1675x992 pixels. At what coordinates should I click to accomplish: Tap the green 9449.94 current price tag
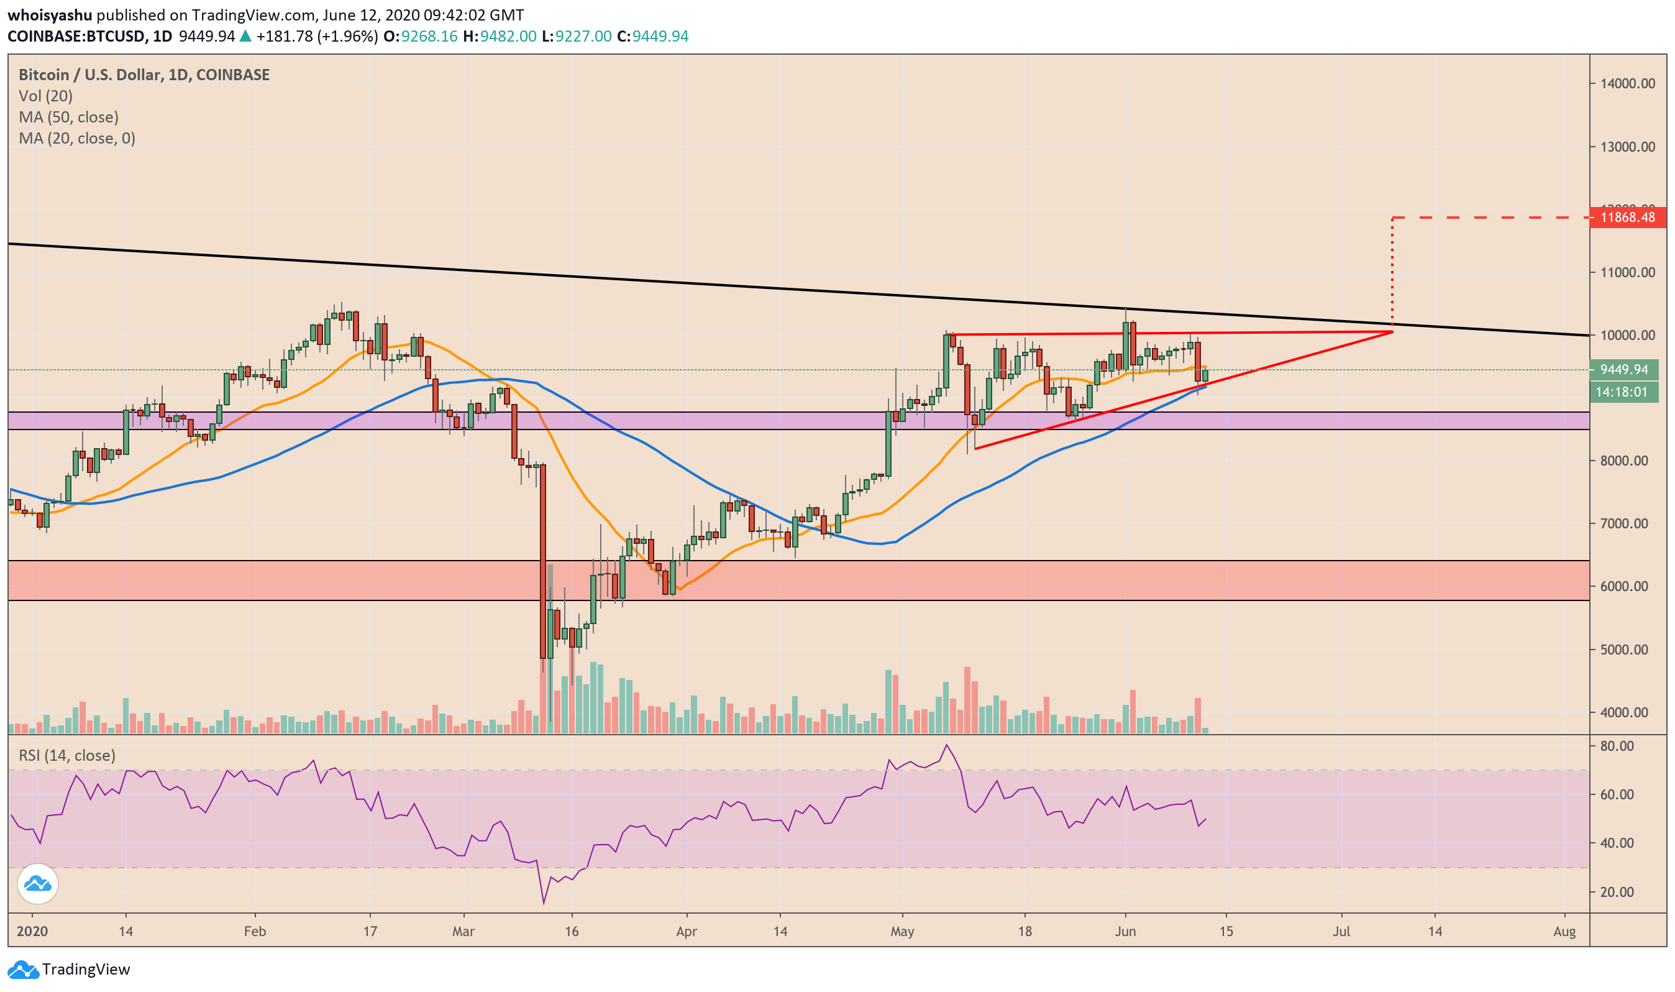[x=1623, y=370]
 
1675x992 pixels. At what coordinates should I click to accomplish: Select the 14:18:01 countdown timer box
[x=1621, y=392]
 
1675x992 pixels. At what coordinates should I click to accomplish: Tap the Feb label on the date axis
[x=255, y=932]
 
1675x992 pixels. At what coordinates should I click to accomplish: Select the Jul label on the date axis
[x=1341, y=932]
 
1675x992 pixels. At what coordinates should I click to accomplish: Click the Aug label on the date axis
[x=1564, y=932]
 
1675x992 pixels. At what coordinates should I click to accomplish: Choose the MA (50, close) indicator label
[x=69, y=117]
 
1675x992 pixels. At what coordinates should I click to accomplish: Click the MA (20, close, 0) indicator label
[x=77, y=139]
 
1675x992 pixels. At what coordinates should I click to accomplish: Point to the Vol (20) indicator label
[x=45, y=96]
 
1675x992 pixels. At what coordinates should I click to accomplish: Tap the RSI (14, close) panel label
[x=67, y=755]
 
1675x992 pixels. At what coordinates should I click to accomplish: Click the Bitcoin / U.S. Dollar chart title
[x=144, y=74]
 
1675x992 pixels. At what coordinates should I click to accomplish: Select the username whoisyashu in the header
[x=50, y=15]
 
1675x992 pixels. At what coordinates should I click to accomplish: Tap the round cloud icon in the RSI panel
[x=37, y=884]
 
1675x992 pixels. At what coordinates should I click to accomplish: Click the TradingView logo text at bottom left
[x=86, y=969]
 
